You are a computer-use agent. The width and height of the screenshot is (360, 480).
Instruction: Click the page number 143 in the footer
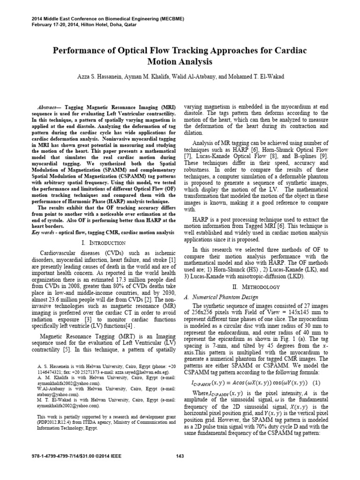coord(180,456)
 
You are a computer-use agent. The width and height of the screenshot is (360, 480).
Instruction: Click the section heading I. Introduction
coord(103,243)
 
